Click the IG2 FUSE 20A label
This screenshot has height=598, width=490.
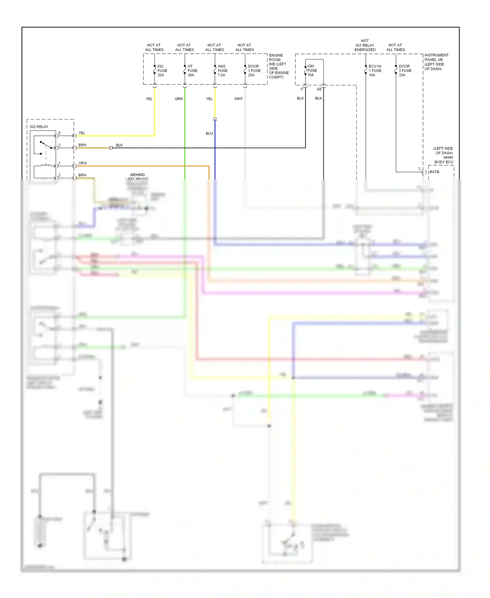point(162,71)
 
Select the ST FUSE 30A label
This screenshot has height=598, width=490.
point(192,71)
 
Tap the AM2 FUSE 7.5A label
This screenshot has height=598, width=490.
point(222,71)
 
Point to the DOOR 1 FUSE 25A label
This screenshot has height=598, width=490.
point(254,71)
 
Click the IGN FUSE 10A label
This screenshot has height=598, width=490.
point(312,70)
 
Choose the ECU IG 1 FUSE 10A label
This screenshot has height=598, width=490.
point(375,71)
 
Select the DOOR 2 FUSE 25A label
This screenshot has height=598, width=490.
point(405,71)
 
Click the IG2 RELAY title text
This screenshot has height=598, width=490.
point(39,127)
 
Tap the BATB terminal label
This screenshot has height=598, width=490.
point(434,172)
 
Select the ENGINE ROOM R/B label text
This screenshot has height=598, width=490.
point(278,66)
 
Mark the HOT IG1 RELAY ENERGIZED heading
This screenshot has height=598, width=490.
point(365,45)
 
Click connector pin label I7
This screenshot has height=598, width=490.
point(302,89)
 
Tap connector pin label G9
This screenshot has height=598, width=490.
point(319,89)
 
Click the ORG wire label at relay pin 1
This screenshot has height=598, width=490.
point(82,163)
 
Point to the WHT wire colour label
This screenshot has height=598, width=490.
point(238,98)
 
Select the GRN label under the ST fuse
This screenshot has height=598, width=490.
point(178,98)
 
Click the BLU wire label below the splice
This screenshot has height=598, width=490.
point(209,133)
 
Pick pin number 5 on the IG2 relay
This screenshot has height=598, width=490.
point(59,133)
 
